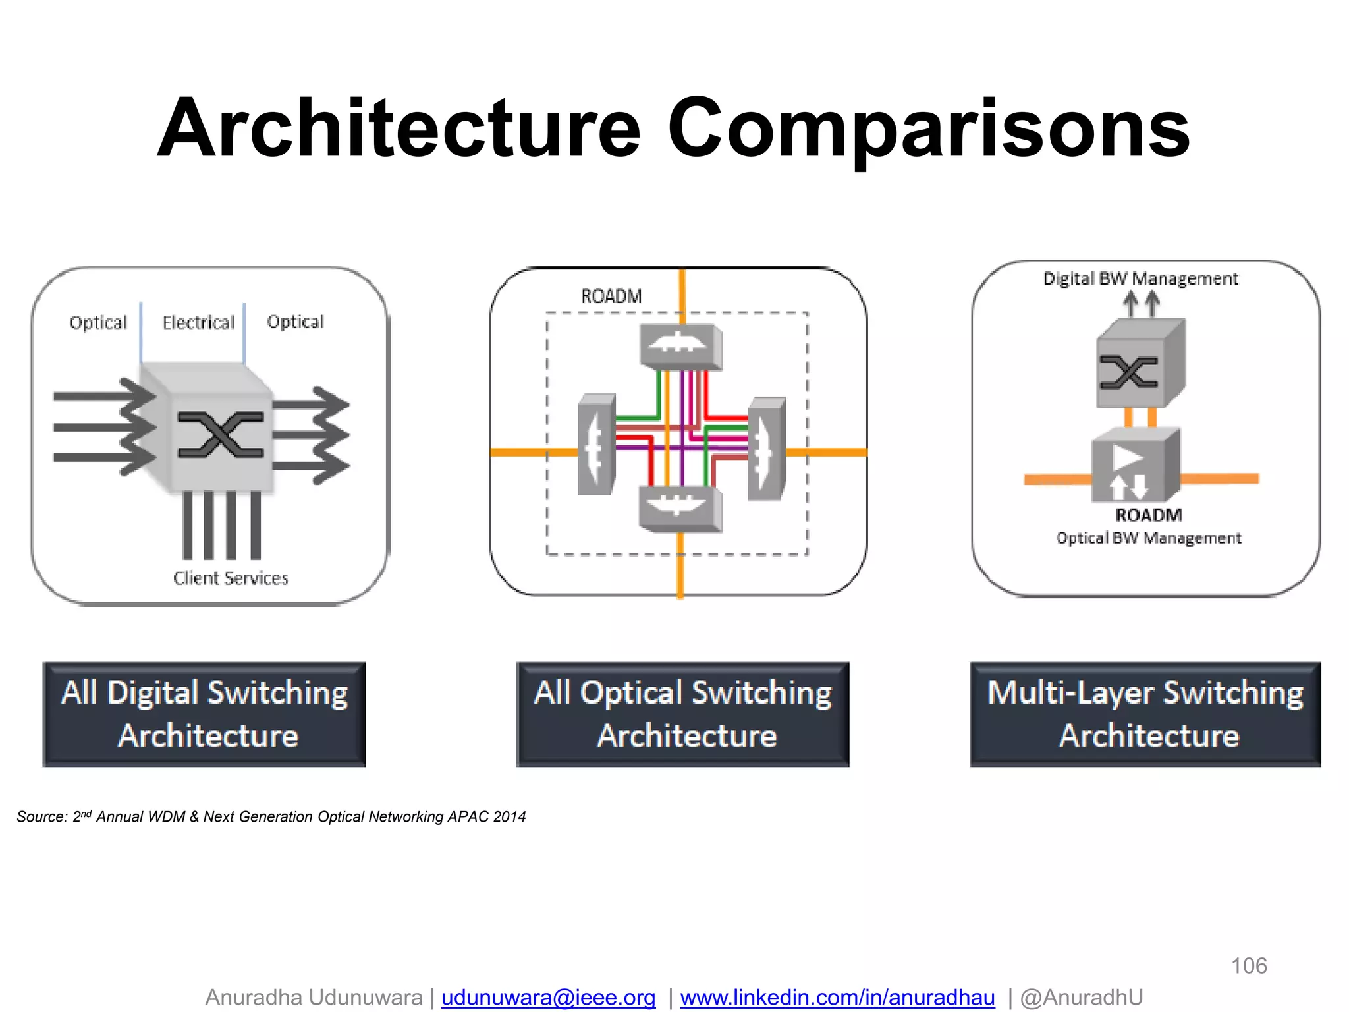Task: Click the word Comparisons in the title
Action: pos(929,128)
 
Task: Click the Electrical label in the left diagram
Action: pos(198,323)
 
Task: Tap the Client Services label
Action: pos(231,578)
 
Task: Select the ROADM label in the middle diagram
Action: pos(611,296)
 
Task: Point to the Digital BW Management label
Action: pos(1140,279)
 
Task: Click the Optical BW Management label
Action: pos(1148,538)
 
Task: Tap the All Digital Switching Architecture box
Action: pos(204,714)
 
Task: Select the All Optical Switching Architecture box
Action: pos(682,714)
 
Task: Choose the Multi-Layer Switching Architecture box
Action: pos(1145,714)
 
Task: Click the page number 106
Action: pos(1249,966)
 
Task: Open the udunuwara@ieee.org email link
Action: pos(548,998)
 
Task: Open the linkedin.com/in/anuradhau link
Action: pos(837,998)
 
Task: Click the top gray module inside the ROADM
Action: pos(680,346)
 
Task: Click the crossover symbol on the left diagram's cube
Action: pos(221,434)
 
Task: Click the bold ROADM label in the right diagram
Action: pos(1148,515)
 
